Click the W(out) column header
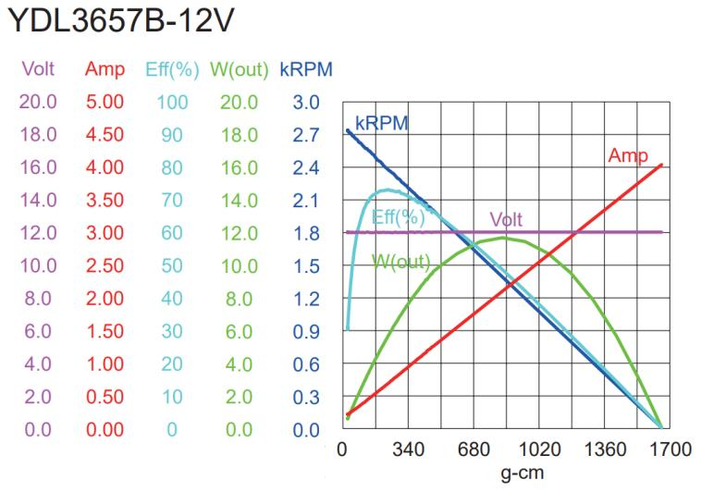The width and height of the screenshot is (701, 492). (239, 70)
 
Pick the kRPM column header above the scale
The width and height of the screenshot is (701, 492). (306, 70)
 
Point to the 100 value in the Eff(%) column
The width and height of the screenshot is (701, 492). (172, 102)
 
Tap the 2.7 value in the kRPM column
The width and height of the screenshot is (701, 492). (306, 135)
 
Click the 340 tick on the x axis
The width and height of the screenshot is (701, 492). (408, 450)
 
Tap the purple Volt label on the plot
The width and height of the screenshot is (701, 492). (506, 220)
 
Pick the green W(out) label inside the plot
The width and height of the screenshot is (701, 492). (402, 262)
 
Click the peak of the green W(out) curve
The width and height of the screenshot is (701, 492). (502, 238)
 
